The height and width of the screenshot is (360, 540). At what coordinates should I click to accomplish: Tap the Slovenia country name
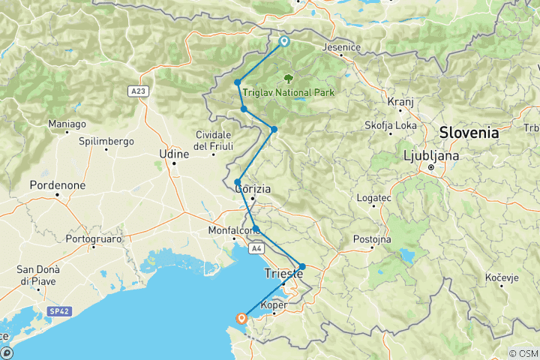coord(469,132)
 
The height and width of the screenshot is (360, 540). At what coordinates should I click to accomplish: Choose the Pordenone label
coord(58,184)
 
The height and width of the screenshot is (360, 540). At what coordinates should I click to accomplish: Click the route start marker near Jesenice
coord(284,41)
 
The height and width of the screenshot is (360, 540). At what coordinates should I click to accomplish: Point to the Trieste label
coord(283,275)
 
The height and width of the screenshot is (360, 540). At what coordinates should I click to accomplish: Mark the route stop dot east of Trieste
coord(302,266)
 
